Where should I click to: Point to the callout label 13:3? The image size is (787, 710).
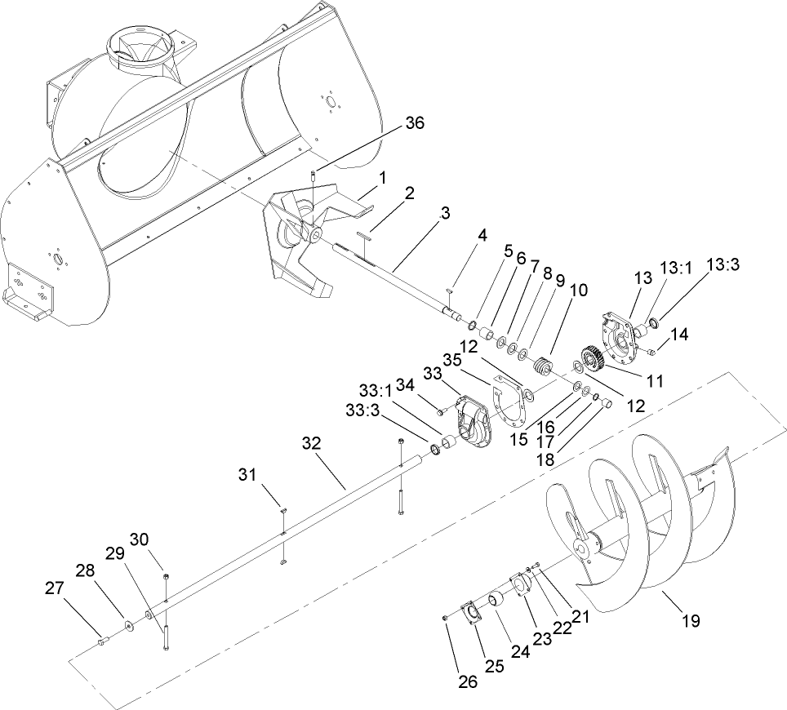point(722,264)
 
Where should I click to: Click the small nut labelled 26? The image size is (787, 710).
point(446,617)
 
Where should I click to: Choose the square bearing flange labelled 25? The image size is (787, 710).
point(471,613)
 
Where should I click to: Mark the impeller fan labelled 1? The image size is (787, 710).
point(306,237)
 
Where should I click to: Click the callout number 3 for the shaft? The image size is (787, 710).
point(445,214)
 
